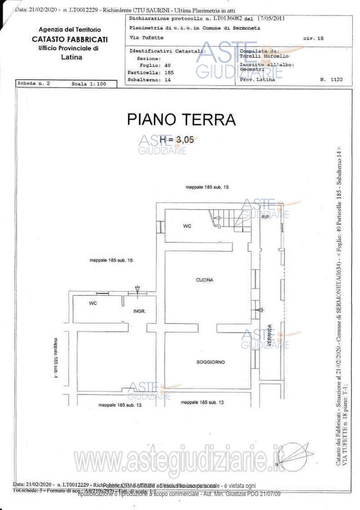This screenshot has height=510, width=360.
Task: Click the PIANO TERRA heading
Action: click(181, 120)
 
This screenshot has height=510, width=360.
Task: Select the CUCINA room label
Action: click(204, 280)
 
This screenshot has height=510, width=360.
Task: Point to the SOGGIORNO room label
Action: click(210, 362)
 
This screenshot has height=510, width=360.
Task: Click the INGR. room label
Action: click(139, 311)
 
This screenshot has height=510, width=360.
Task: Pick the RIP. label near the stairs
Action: click(265, 217)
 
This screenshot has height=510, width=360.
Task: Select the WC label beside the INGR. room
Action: click(93, 303)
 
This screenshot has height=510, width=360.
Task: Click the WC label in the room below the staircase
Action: click(187, 226)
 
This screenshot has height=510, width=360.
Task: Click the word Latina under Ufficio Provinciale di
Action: click(71, 57)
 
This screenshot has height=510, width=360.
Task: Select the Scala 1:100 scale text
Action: click(88, 84)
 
